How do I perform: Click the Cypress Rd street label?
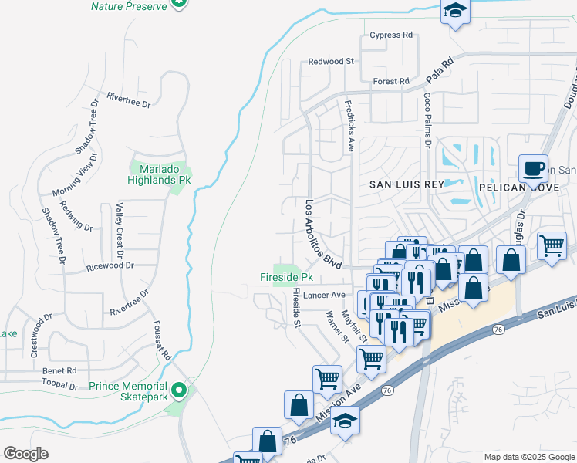click(391, 35)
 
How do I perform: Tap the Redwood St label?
click(331, 61)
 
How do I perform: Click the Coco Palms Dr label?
click(427, 120)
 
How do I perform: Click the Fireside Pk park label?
click(285, 277)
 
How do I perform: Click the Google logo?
click(26, 454)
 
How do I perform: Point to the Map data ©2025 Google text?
click(528, 457)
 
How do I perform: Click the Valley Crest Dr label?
click(120, 230)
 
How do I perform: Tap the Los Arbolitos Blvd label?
click(322, 235)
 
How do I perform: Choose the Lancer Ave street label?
click(324, 295)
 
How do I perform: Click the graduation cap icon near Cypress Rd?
click(455, 11)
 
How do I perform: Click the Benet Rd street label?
click(60, 370)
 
